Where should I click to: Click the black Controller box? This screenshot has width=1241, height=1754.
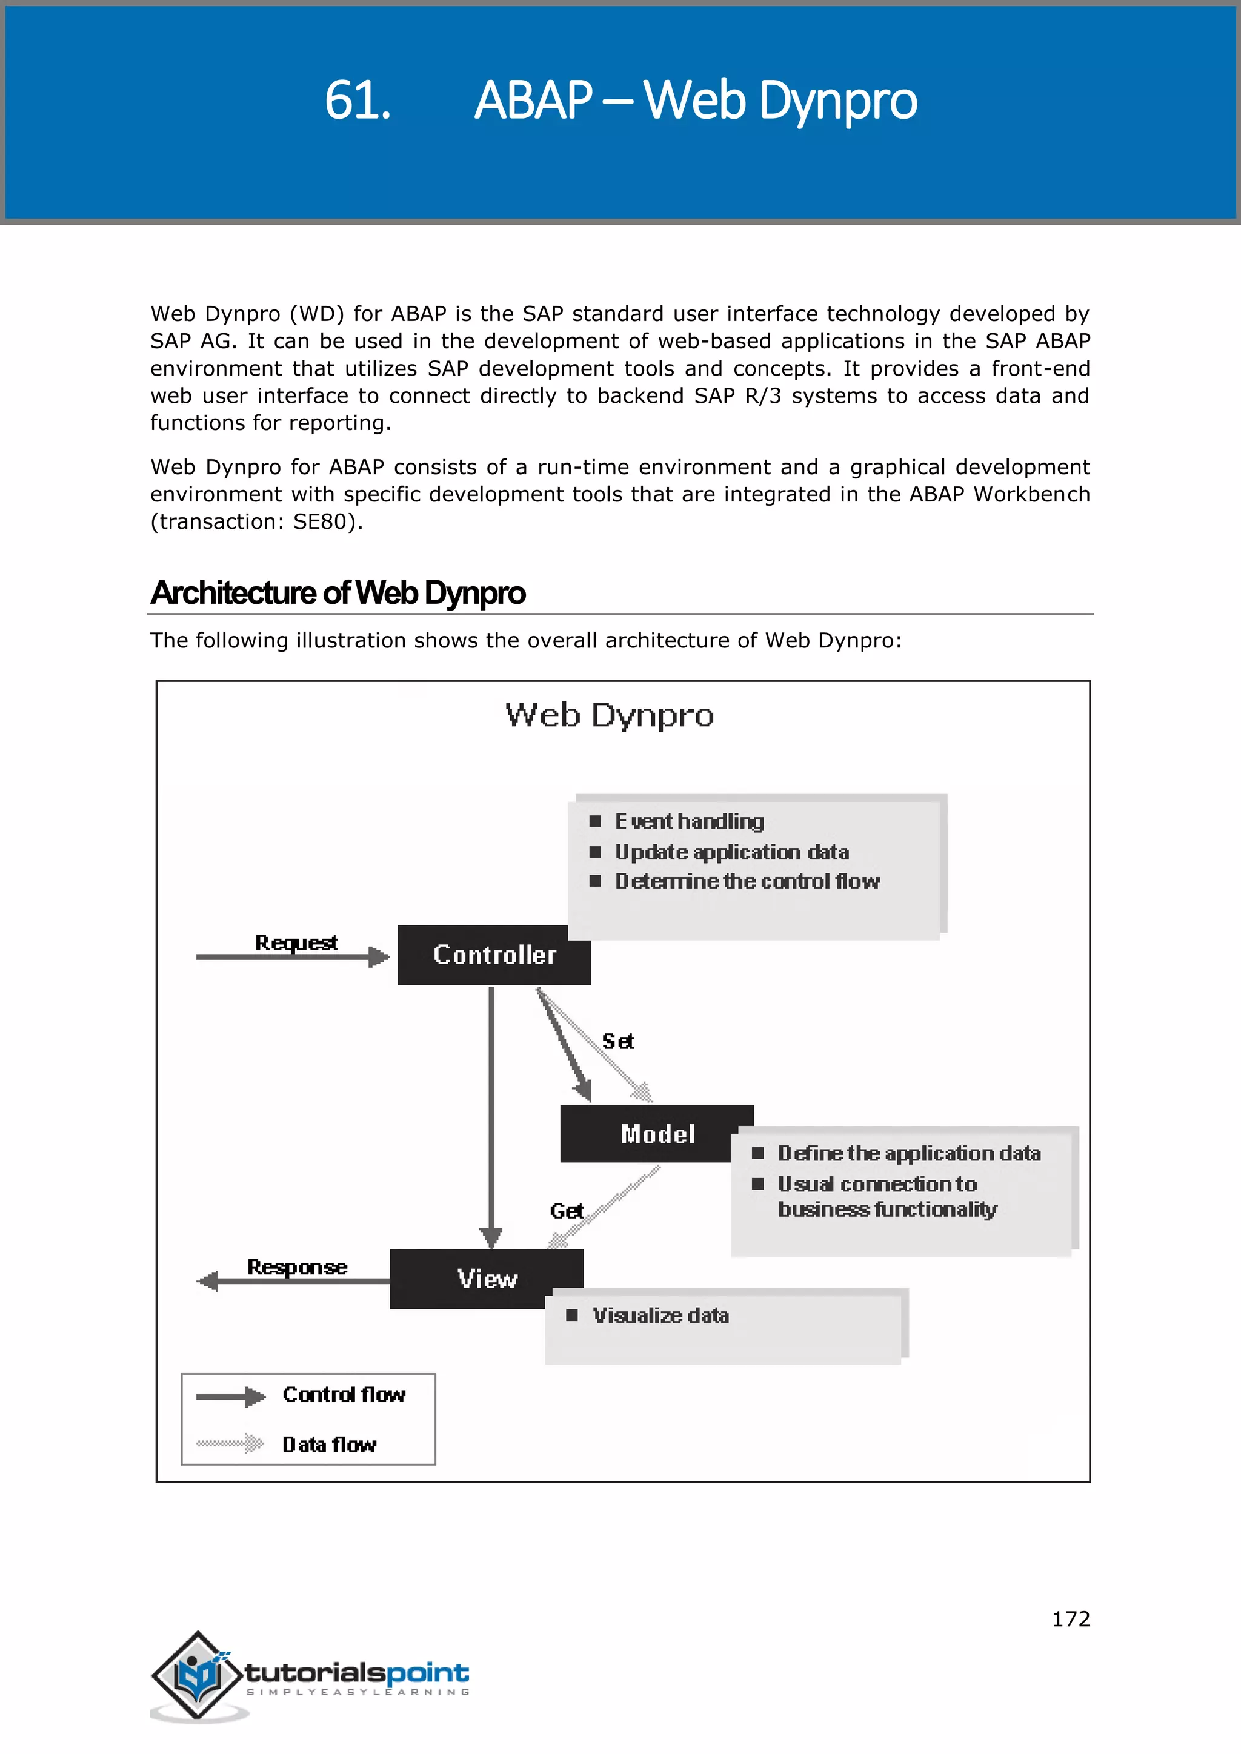click(x=494, y=955)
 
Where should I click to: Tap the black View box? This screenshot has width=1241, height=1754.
click(x=487, y=1279)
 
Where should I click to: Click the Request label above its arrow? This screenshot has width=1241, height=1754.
click(x=296, y=942)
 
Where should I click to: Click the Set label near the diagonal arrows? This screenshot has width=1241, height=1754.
click(x=617, y=1041)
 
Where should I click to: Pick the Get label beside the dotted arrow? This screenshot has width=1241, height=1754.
click(x=566, y=1211)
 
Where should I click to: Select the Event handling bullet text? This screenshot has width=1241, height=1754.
click(x=689, y=821)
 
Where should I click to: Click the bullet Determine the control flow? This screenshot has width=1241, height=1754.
click(x=747, y=882)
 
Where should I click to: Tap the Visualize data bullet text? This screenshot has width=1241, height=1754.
click(x=661, y=1315)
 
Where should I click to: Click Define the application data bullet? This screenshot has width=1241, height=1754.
click(x=908, y=1154)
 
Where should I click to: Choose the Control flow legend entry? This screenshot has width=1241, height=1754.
click(x=343, y=1395)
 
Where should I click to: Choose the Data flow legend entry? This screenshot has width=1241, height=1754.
click(x=330, y=1445)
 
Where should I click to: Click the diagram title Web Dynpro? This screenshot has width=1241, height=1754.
click(x=609, y=716)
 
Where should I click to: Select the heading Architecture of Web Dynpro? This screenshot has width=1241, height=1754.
click(x=338, y=593)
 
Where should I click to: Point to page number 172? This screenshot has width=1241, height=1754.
click(x=1071, y=1619)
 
